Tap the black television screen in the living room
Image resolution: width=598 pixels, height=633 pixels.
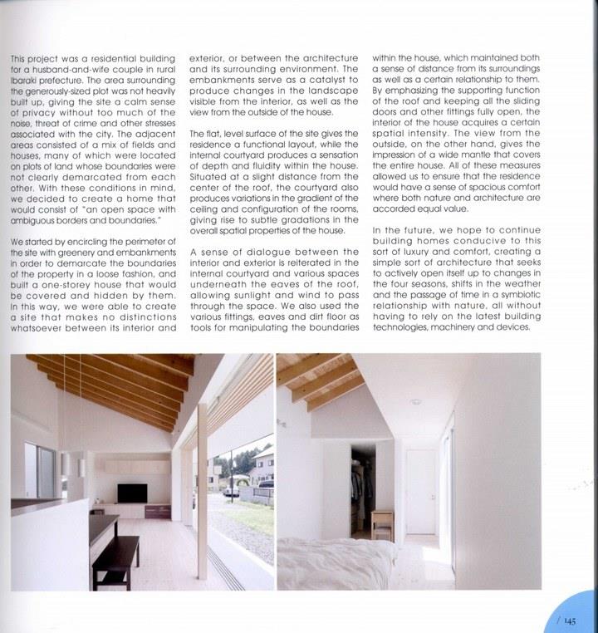tap(131, 493)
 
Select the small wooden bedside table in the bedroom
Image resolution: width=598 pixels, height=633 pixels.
tap(383, 519)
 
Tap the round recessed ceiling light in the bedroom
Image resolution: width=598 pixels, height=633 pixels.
tap(414, 401)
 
